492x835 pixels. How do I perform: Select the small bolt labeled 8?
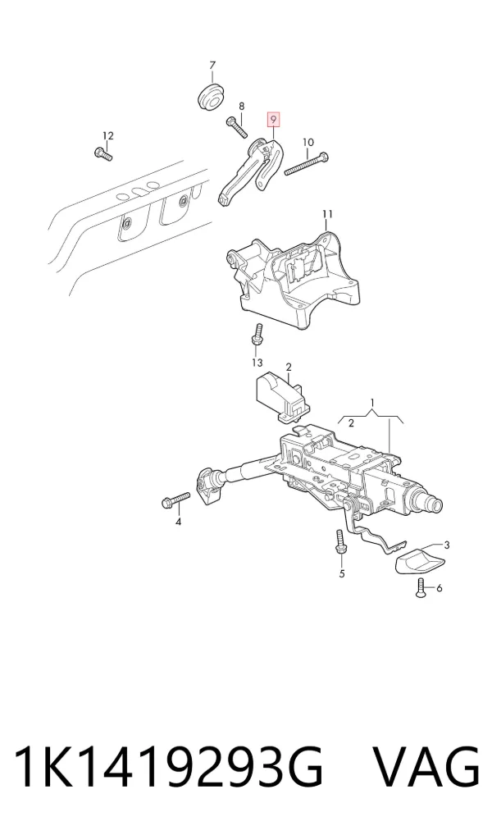[x=236, y=127]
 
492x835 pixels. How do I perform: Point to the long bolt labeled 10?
[x=307, y=163]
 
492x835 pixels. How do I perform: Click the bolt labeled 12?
[x=103, y=154]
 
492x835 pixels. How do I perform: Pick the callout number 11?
[x=327, y=214]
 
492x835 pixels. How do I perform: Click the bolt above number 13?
[x=257, y=336]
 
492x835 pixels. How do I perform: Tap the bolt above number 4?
[x=175, y=500]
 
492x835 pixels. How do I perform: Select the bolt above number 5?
[x=340, y=541]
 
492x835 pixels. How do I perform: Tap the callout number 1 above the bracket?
[x=373, y=402]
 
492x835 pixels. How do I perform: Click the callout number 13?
[x=257, y=363]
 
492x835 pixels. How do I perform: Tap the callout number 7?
[x=212, y=66]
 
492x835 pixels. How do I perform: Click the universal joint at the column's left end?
[x=209, y=485]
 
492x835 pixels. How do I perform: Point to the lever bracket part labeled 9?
[x=252, y=171]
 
